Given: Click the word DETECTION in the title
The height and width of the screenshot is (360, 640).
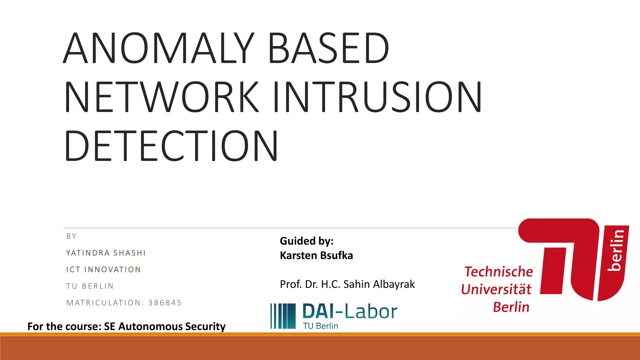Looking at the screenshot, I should pos(171,146).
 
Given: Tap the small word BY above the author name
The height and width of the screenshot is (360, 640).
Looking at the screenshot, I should pos(71,236).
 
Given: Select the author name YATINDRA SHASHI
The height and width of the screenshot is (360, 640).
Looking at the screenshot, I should pos(106,253).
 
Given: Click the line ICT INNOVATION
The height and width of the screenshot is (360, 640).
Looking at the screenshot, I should pos(103,269).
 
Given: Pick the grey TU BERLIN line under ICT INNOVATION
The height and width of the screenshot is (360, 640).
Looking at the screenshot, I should pos(90,286).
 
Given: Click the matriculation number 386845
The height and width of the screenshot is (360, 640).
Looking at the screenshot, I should pos(165,302).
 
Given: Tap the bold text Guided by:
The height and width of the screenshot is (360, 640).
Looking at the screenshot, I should pos(307,241).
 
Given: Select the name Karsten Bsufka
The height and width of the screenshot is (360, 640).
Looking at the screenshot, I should pos(316,255).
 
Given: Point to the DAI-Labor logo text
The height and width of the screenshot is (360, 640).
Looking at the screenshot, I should pos(350,312).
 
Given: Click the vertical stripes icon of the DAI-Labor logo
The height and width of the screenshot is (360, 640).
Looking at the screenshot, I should pos(283,316).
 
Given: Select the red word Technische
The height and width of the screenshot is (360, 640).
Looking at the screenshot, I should pos(498,272).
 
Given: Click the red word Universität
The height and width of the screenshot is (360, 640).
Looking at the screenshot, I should pos(496,289).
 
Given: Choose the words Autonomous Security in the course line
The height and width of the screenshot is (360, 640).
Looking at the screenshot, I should pos(172,326).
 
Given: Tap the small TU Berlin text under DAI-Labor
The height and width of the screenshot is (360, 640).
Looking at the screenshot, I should pos(320,326).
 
